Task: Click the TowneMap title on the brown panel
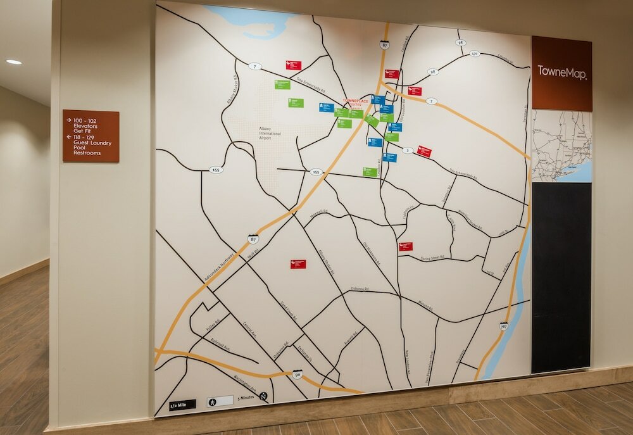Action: point(562,72)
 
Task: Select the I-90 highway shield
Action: point(298,374)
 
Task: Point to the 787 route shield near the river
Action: point(503,326)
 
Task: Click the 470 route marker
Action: point(475,54)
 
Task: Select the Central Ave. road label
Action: point(249,330)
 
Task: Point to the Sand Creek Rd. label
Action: point(288,311)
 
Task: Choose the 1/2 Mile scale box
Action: point(183,404)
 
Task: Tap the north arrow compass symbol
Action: point(263,396)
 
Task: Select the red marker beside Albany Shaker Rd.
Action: point(298,264)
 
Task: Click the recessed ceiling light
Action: point(13,62)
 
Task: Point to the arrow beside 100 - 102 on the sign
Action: point(68,119)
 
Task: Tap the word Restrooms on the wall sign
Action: point(87,153)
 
